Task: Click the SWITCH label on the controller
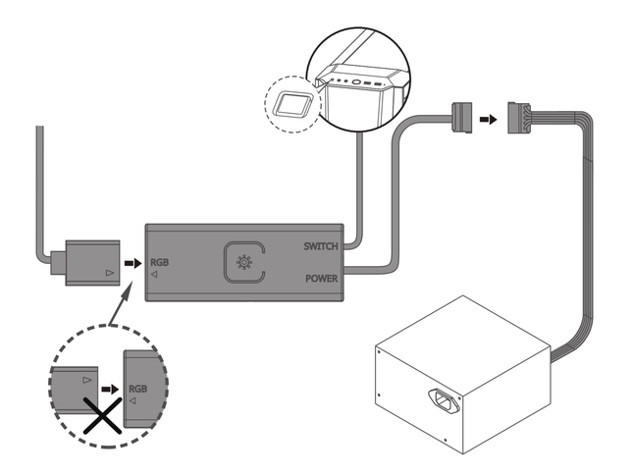pos(321,245)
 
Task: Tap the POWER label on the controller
pos(321,278)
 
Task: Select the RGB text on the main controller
pos(162,262)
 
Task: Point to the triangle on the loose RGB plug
pos(108,266)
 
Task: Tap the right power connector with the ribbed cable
pos(521,118)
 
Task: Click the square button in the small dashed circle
pos(291,103)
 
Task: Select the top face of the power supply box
pos(460,330)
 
